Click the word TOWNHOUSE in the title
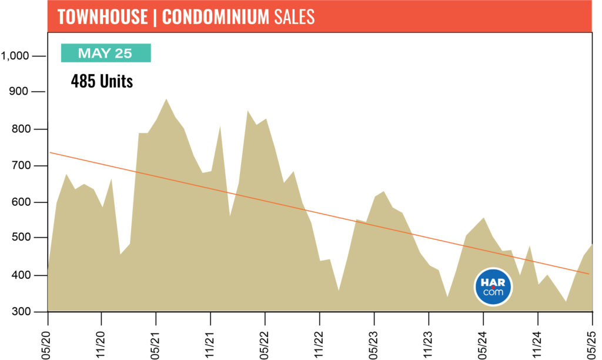pyautogui.click(x=103, y=16)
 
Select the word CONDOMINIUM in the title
pyautogui.click(x=215, y=16)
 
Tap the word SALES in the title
pyautogui.click(x=295, y=16)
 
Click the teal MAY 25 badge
pyautogui.click(x=106, y=53)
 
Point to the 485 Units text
pyautogui.click(x=102, y=81)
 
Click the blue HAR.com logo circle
pyautogui.click(x=493, y=286)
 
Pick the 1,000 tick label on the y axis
pyautogui.click(x=15, y=56)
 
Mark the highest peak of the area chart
pyautogui.click(x=166, y=99)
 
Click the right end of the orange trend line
pyautogui.click(x=589, y=274)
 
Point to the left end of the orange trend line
pyautogui.click(x=50, y=152)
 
